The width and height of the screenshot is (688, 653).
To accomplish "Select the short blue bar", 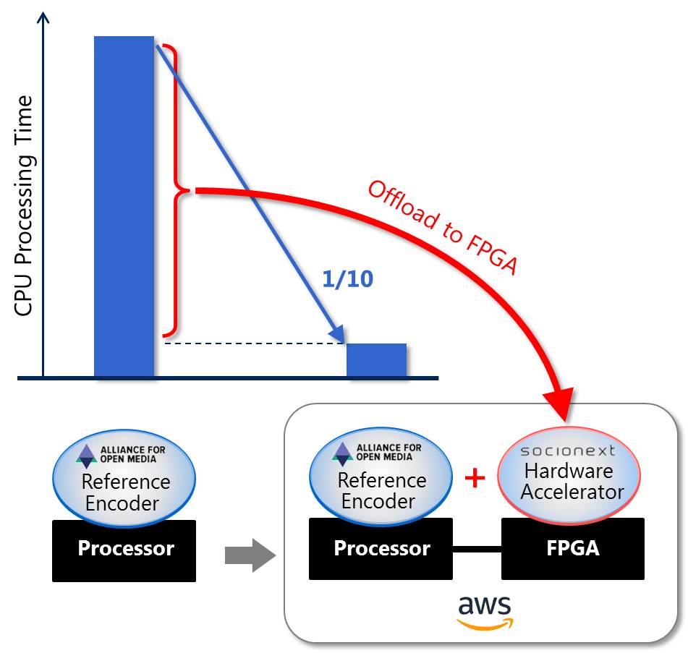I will point(376,360).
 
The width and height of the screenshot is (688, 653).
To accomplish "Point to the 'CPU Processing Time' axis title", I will point(24,206).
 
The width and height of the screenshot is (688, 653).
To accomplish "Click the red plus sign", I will point(475,478).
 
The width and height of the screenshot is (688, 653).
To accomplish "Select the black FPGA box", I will point(572,548).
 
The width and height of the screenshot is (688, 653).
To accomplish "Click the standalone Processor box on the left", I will point(124,550).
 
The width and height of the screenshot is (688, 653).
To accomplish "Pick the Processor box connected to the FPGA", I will point(381,548).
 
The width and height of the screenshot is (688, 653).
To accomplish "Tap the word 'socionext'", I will point(568,451).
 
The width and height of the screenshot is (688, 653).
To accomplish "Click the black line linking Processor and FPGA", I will point(477,548).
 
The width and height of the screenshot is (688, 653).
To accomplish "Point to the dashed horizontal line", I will point(253,344).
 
